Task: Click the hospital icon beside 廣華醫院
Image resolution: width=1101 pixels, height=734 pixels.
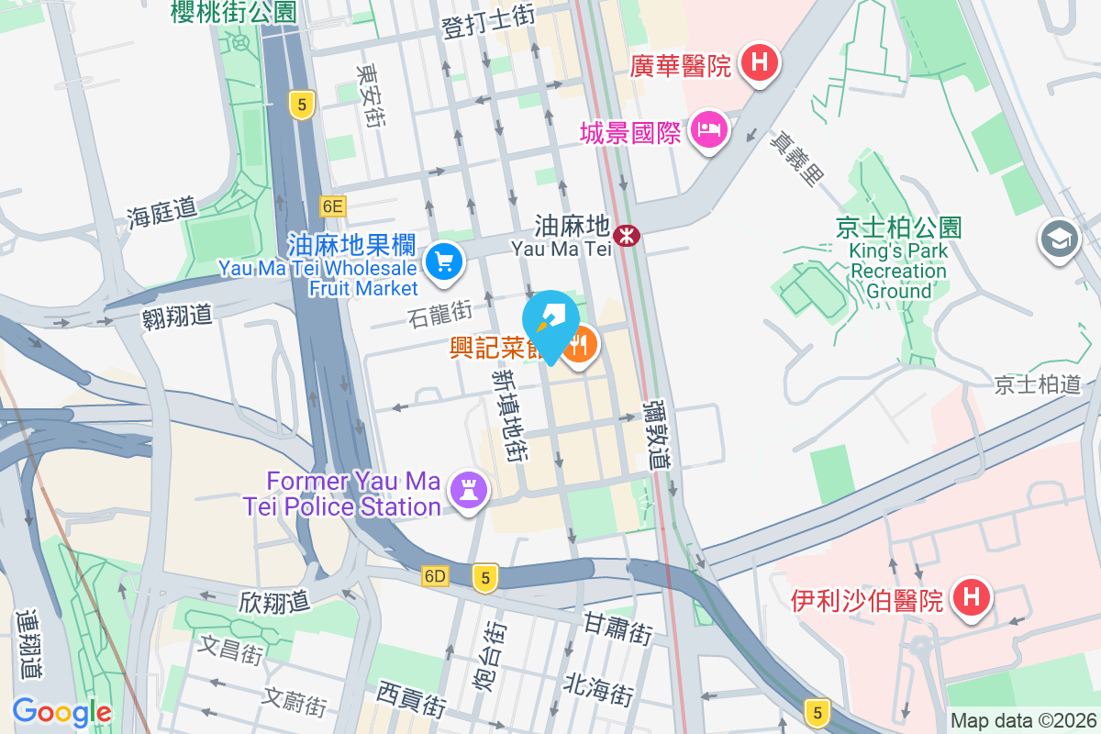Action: click(760, 63)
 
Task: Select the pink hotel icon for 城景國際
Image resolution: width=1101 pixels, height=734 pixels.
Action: click(709, 129)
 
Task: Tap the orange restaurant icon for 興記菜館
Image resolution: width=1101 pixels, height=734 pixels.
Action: click(579, 347)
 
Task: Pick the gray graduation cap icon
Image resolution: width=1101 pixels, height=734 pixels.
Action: click(1059, 239)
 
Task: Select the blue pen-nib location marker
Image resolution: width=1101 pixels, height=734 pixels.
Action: click(550, 321)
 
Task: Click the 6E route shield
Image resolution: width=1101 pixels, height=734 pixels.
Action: click(332, 206)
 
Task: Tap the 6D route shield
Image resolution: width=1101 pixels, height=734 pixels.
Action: click(435, 576)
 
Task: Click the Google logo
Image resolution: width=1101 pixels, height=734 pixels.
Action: click(61, 711)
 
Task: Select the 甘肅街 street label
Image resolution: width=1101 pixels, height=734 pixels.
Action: click(617, 628)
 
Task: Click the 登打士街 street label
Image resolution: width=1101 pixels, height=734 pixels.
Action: click(488, 15)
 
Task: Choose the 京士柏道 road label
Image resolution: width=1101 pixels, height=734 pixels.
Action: click(1038, 384)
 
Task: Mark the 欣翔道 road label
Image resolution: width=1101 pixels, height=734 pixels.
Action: click(273, 601)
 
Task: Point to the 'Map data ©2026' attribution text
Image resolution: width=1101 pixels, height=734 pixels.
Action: click(1023, 720)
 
